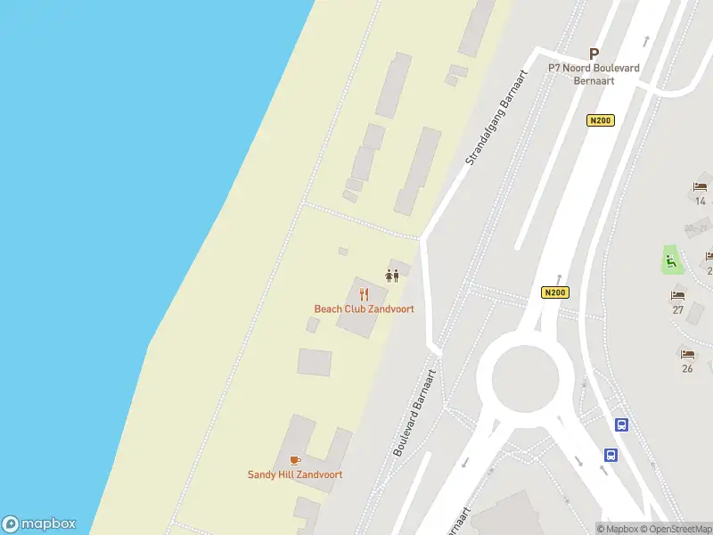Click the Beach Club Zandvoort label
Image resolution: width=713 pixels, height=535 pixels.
364,309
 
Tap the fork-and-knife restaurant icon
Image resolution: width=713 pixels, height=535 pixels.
364,294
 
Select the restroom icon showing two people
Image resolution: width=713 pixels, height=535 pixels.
391,275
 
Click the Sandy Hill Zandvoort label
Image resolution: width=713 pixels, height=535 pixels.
295,475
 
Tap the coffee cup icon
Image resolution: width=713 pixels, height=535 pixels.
295,460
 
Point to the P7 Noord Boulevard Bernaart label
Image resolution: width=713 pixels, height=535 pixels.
594,74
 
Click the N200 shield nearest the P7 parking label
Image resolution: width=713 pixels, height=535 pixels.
601,120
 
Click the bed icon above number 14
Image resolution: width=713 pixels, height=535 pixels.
701,187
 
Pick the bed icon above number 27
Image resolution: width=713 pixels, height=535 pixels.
678,295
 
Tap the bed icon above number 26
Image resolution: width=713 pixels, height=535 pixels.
687,353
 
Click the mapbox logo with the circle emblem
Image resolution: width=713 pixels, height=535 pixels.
39,524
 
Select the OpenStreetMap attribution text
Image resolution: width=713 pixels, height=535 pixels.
680,529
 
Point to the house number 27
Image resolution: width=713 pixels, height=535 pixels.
678,310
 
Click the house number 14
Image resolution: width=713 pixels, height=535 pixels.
701,202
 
